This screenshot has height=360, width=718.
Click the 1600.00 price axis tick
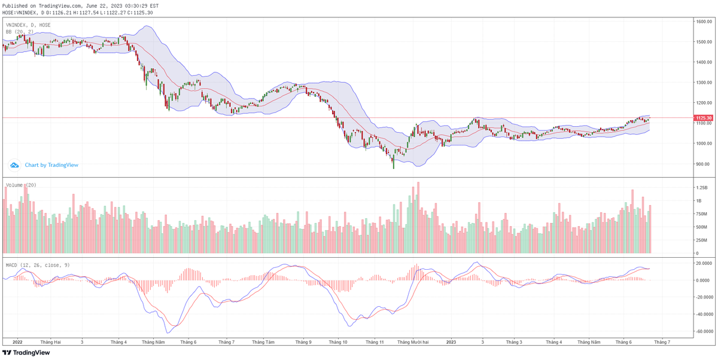pyautogui.click(x=702, y=22)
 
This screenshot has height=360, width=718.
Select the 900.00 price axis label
pyautogui.click(x=702, y=164)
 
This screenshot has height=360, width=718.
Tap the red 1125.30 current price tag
pyautogui.click(x=703, y=118)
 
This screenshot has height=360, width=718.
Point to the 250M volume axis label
pyautogui.click(x=701, y=240)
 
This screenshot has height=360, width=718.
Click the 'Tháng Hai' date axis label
pyautogui.click(x=50, y=342)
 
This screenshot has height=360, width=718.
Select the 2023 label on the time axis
pyautogui.click(x=451, y=342)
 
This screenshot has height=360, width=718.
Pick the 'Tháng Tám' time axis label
pyautogui.click(x=263, y=342)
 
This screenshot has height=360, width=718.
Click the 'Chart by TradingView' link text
pyautogui.click(x=51, y=165)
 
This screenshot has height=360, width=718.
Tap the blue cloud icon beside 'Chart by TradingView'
pyautogui.click(x=14, y=165)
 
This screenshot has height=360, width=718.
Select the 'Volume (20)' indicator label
pyautogui.click(x=21, y=185)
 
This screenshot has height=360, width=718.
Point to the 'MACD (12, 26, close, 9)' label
pyautogui.click(x=37, y=264)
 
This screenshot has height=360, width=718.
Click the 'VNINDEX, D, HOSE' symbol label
pyautogui.click(x=28, y=25)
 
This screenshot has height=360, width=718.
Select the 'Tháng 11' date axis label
pyautogui.click(x=375, y=342)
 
